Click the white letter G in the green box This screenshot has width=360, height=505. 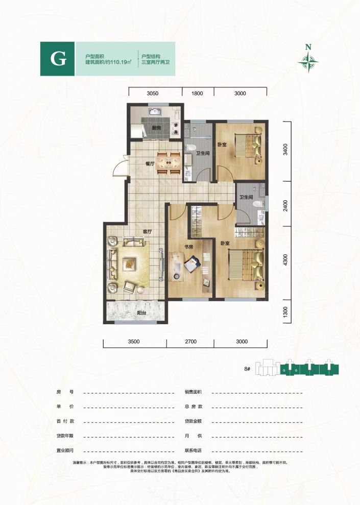click(x=58, y=59)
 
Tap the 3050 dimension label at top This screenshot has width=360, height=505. click(x=154, y=93)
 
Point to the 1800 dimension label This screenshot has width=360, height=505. click(x=198, y=93)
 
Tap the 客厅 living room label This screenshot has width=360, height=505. click(x=148, y=232)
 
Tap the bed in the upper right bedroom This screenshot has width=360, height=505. click(x=249, y=146)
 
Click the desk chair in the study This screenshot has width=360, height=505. click(x=193, y=264)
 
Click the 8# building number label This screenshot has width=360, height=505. click(x=248, y=368)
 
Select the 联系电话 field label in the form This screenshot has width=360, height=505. click(x=194, y=451)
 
